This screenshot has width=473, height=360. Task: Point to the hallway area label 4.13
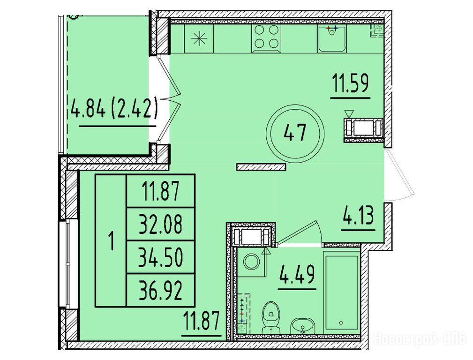(358, 217)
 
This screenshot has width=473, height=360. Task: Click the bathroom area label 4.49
(297, 274)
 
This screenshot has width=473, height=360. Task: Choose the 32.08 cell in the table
(161, 224)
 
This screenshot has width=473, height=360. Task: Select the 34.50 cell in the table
(161, 257)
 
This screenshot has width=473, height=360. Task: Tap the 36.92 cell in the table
(161, 290)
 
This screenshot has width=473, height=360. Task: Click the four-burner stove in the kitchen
(266, 39)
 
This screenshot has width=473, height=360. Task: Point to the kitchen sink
(332, 39)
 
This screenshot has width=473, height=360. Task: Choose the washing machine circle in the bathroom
(251, 262)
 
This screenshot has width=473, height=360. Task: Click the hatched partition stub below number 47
(261, 167)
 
